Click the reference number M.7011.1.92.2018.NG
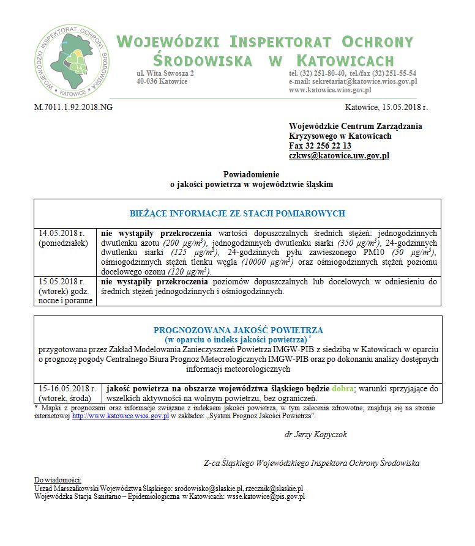[x=73, y=107]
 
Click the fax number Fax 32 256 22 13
[x=320, y=146]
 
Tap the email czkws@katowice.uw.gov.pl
[x=339, y=155]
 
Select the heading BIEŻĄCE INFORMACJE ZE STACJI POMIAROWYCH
[x=238, y=213]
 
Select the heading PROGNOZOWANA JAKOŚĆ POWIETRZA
[x=238, y=330]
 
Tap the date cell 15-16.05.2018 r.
[x=67, y=388]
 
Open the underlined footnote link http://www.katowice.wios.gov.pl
[x=120, y=416]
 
